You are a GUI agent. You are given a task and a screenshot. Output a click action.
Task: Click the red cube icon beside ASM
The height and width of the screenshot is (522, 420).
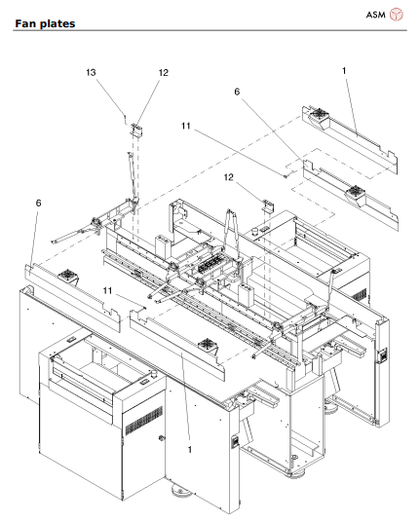[397, 15]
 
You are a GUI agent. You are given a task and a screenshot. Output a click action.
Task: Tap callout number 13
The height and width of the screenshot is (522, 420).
[119, 73]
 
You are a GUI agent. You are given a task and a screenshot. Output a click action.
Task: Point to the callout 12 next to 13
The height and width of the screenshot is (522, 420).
[163, 73]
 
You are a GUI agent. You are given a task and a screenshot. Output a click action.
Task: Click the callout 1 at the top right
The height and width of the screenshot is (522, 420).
[345, 70]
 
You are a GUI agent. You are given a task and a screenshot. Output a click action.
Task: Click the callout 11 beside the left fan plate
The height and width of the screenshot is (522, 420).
[111, 290]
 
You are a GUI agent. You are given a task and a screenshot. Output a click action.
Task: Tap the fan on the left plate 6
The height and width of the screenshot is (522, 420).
[70, 277]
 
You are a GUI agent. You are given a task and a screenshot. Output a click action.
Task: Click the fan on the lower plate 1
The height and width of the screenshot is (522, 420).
[206, 344]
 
